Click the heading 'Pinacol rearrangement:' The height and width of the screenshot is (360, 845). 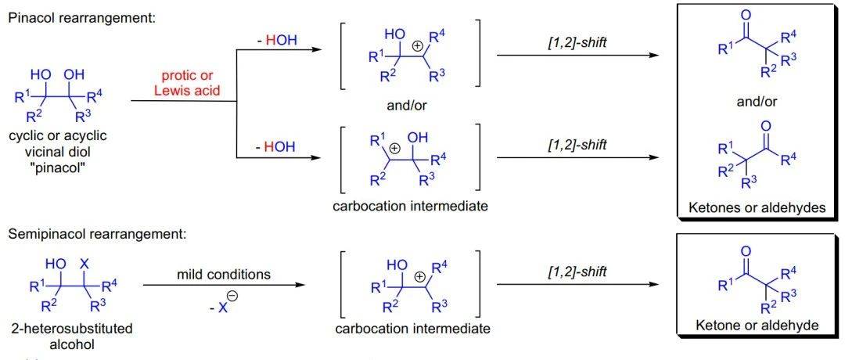(x=81, y=18)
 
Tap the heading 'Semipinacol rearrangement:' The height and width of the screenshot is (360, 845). (x=94, y=236)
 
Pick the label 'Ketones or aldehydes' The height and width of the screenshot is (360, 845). (x=757, y=208)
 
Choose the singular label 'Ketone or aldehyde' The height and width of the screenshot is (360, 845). (x=757, y=325)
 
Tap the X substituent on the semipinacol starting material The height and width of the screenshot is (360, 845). (x=84, y=265)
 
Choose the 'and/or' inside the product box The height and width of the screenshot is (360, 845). (x=757, y=101)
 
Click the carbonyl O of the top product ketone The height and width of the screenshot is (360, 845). (x=746, y=15)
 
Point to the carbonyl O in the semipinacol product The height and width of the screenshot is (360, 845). (x=746, y=251)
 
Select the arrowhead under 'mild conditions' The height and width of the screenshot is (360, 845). (x=299, y=286)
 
